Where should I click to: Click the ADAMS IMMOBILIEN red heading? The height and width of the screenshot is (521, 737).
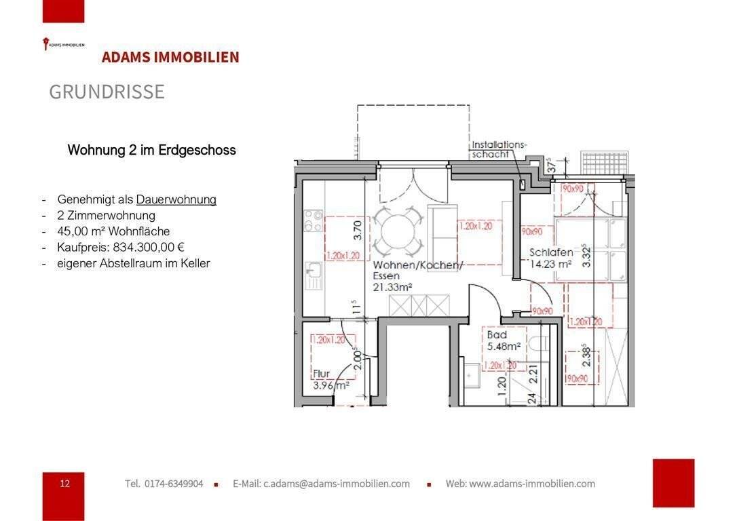click(170, 58)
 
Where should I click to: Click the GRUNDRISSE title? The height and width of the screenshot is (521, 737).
click(107, 92)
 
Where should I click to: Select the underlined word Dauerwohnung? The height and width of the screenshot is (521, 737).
click(176, 199)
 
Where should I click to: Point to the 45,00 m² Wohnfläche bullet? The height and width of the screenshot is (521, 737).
click(113, 231)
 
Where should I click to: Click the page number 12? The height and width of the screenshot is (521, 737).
click(64, 484)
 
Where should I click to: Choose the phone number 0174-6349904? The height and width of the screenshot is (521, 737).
click(173, 484)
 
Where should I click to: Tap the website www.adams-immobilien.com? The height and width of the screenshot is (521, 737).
click(532, 484)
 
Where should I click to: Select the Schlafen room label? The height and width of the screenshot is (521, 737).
click(551, 253)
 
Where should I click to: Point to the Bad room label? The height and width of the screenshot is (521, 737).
click(496, 335)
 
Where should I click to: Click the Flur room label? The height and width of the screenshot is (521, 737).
click(321, 374)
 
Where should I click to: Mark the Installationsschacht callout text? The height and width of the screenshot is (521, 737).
click(499, 149)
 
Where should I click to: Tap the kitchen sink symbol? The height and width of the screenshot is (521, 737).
click(314, 275)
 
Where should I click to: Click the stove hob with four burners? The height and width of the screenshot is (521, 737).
click(314, 220)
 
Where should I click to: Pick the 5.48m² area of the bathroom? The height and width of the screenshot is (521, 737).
click(503, 346)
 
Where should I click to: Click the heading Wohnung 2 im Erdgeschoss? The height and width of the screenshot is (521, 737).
click(151, 150)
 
